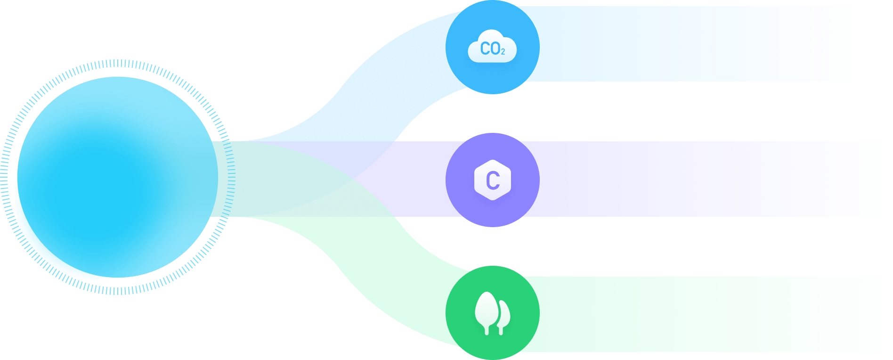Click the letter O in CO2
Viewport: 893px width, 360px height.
click(x=494, y=49)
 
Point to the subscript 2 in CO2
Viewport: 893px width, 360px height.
click(x=503, y=52)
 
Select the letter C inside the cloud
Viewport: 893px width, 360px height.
click(x=485, y=49)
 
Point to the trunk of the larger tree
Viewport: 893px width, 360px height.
click(x=487, y=329)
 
